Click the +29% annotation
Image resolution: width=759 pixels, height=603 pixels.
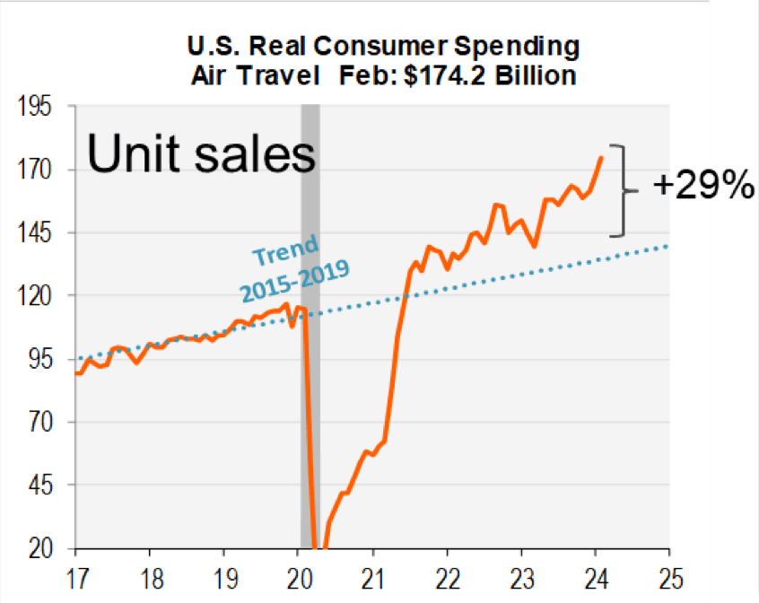[x=702, y=187]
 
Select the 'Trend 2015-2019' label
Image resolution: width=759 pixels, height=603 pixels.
[x=292, y=267]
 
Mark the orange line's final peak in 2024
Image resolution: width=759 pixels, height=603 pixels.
[x=601, y=158]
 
